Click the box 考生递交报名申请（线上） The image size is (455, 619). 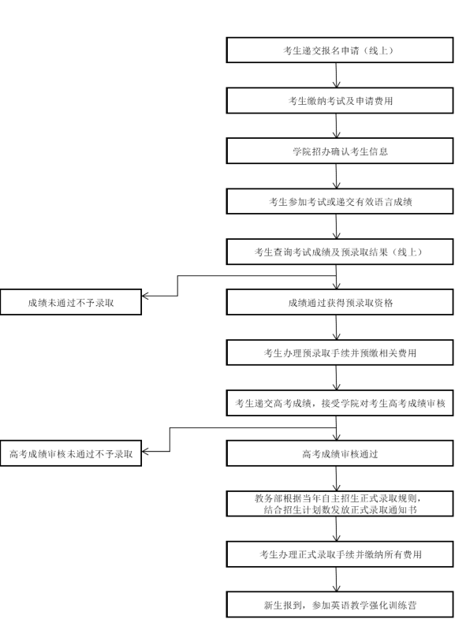point(339,50)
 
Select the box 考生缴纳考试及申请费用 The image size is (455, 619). point(339,101)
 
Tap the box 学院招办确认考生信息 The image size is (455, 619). point(339,151)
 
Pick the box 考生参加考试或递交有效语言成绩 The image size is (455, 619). point(339,201)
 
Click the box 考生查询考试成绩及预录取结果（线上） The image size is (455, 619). point(339,252)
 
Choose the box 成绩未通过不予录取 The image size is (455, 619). point(71,302)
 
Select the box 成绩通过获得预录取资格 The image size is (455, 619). point(339,302)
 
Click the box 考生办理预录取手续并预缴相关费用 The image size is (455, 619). point(339,352)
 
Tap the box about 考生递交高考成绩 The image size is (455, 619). point(339,403)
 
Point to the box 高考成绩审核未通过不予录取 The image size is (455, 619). point(71,453)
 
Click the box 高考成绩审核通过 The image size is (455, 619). point(339,453)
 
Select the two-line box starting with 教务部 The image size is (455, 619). point(339,504)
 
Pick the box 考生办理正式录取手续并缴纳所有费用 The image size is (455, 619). point(339,554)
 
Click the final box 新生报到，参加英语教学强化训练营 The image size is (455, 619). point(339,604)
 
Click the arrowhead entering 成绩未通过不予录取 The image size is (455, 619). point(144,296)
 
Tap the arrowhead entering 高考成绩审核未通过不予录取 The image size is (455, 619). point(144,451)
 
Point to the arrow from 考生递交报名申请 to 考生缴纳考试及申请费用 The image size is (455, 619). point(336,75)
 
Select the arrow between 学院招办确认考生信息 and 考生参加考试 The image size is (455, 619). point(336,176)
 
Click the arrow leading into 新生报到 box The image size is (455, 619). point(336,579)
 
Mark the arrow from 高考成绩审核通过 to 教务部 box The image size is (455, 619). point(336,479)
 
